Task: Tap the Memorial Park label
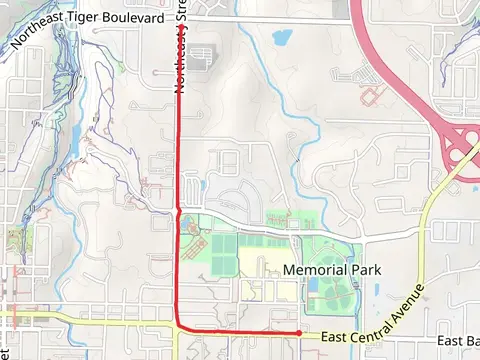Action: (332, 270)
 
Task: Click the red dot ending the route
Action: (299, 332)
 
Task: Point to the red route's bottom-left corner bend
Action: (180, 325)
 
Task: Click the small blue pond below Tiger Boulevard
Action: (281, 38)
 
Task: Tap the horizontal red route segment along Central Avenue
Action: (240, 330)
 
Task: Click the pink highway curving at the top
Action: (385, 50)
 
